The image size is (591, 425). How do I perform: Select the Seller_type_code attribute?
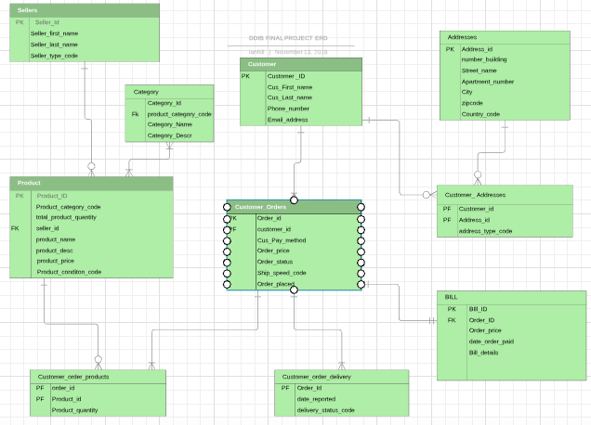(55, 56)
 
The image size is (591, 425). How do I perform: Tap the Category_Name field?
(170, 123)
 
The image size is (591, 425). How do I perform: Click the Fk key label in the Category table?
(136, 113)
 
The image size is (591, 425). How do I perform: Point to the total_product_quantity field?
(66, 217)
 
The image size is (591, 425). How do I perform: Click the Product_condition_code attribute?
(69, 272)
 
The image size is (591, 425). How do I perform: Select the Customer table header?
(300, 64)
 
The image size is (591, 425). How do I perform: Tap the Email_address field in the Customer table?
(289, 120)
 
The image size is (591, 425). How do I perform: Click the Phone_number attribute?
(288, 109)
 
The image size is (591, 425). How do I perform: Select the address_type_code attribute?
(485, 231)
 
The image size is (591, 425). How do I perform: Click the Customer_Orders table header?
(294, 207)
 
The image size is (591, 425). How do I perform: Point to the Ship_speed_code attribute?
(282, 273)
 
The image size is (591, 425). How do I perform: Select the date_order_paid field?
(492, 341)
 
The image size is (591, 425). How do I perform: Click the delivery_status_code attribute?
(325, 409)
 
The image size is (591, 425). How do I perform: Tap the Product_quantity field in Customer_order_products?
(74, 409)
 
